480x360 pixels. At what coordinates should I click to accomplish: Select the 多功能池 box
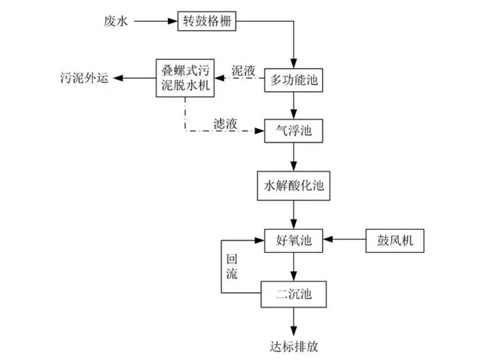[293, 78]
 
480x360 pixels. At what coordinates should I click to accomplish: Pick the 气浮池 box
[293, 130]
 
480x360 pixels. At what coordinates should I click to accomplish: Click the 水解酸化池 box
[293, 185]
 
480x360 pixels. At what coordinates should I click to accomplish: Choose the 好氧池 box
[293, 242]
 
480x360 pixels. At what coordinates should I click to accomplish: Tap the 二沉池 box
[293, 294]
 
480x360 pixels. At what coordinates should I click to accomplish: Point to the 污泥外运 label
[85, 77]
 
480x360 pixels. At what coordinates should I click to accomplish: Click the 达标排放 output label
[293, 346]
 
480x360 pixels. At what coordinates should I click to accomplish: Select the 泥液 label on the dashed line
[243, 70]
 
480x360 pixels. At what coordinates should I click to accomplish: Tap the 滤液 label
[226, 122]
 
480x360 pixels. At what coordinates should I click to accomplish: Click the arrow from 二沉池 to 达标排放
[293, 321]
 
